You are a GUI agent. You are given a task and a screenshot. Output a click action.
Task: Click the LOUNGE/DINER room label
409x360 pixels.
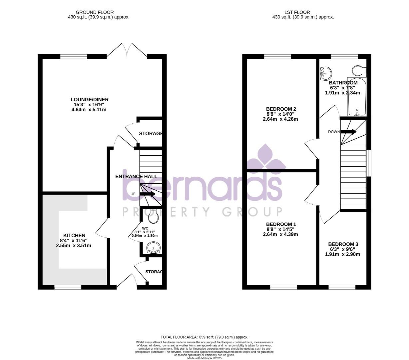click(89, 99)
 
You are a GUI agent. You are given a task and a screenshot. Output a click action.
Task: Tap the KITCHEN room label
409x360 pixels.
click(74, 235)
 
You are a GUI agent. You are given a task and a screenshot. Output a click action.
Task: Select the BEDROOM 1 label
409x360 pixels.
click(281, 224)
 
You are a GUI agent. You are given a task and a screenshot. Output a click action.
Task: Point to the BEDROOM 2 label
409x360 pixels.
click(281, 109)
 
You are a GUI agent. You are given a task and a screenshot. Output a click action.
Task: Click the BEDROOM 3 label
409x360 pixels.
click(343, 244)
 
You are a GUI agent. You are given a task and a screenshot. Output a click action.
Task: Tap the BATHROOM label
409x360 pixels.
click(343, 83)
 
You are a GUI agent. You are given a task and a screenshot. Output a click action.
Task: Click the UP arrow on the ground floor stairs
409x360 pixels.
click(148, 194)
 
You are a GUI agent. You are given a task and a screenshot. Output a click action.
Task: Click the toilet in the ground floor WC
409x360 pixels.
click(153, 216)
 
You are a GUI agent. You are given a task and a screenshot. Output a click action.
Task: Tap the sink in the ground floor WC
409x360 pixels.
click(153, 248)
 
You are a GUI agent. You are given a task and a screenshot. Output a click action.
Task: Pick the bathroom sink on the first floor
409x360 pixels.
click(325, 73)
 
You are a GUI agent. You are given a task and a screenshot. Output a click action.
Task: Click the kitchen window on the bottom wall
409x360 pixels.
click(68, 287)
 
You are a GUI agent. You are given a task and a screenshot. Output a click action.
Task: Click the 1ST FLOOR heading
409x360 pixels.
click(292, 12)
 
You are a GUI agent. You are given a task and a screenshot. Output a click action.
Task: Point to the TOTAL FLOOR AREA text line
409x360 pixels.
click(204, 337)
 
